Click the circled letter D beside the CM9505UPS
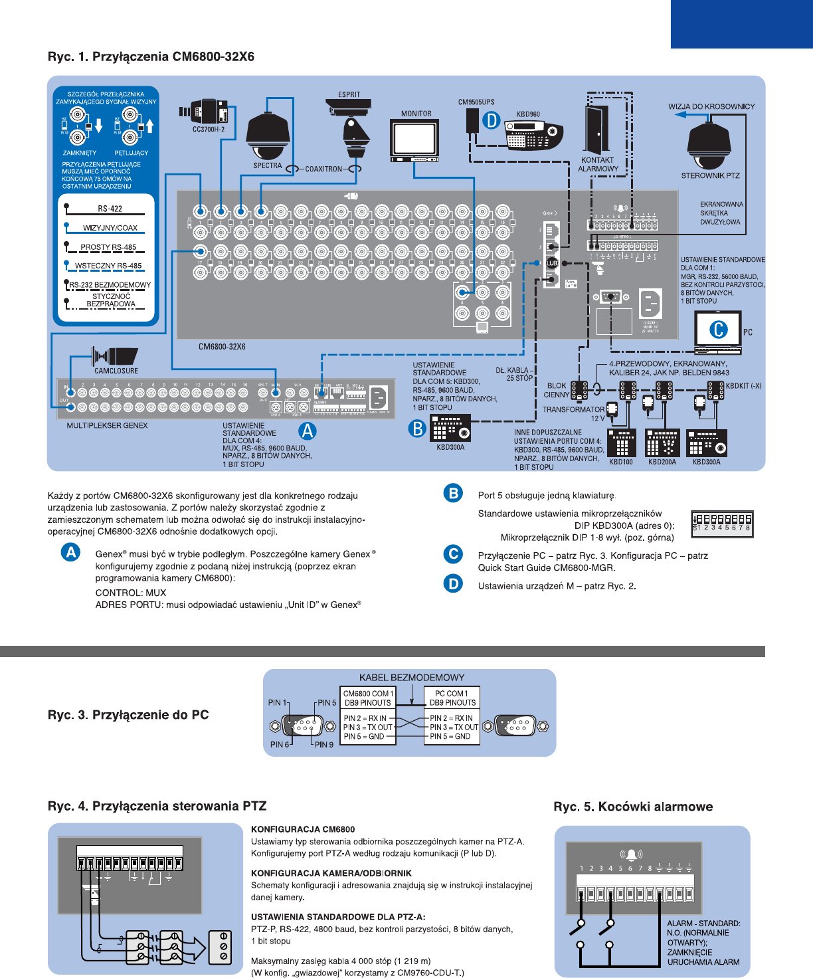click(491, 120)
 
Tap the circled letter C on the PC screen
click(719, 330)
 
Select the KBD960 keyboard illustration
click(533, 136)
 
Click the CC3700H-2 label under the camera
click(209, 130)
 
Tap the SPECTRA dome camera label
click(268, 165)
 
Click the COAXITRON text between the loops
click(323, 169)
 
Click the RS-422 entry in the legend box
click(110, 209)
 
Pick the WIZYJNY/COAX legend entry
click(110, 228)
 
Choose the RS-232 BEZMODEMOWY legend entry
click(110, 285)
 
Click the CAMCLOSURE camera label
click(116, 371)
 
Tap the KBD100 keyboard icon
click(622, 442)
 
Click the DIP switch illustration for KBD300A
click(721, 523)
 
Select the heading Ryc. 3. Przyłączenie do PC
click(128, 715)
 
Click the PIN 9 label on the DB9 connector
click(324, 745)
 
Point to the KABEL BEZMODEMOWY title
click(412, 678)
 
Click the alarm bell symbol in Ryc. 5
click(631, 854)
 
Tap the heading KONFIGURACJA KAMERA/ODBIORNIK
click(331, 873)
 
